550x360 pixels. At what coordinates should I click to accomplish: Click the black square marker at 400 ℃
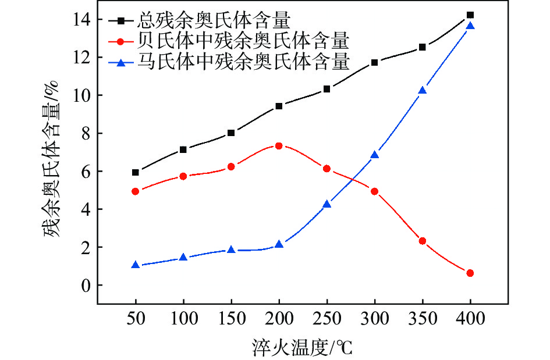470,15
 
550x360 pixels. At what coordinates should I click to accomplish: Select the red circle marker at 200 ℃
279,146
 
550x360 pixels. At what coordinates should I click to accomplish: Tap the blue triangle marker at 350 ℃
423,91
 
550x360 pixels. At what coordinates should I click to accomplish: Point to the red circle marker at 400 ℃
470,273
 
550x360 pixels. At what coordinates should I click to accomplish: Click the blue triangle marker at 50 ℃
136,265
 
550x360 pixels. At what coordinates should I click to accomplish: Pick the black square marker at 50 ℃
136,172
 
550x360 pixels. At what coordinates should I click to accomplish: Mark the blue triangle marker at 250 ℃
327,204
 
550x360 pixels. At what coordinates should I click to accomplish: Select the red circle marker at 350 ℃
423,241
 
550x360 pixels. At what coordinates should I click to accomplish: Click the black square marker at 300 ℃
374,62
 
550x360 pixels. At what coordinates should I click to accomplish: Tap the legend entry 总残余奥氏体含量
212,22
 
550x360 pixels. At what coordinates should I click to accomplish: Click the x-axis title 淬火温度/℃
302,347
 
